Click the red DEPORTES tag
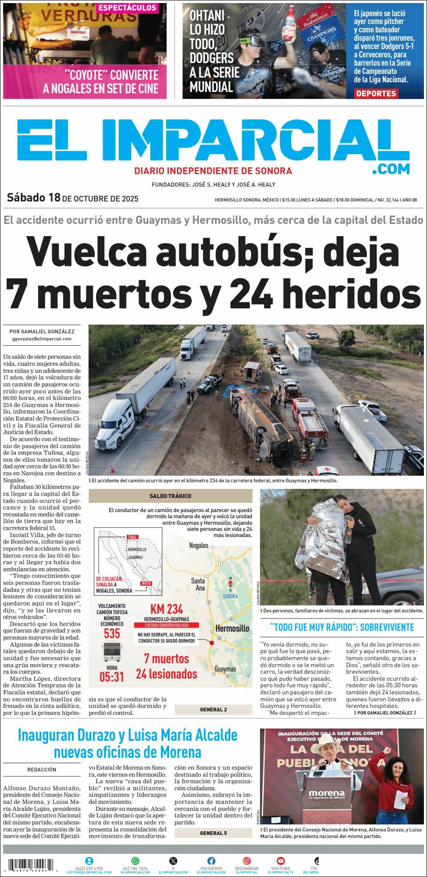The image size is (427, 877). click(x=376, y=93)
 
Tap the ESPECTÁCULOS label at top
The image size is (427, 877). click(x=127, y=8)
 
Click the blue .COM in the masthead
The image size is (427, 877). click(x=391, y=169)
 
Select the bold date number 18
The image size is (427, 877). click(x=54, y=198)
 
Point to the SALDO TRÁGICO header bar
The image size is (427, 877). click(x=171, y=496)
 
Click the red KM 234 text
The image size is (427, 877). click(x=166, y=609)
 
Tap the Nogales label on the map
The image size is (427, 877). click(x=199, y=545)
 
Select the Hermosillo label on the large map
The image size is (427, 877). click(x=232, y=628)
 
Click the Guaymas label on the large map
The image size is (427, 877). click(x=225, y=669)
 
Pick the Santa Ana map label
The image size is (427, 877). click(x=198, y=584)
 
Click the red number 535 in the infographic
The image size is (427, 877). click(x=112, y=633)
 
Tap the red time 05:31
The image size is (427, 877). click(x=112, y=677)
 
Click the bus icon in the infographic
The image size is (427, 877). click(x=112, y=651)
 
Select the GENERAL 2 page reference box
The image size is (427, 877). click(x=213, y=710)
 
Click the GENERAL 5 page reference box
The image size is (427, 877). click(x=213, y=833)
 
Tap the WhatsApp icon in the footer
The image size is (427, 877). click(x=135, y=861)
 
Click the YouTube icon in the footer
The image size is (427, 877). click(x=281, y=861)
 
